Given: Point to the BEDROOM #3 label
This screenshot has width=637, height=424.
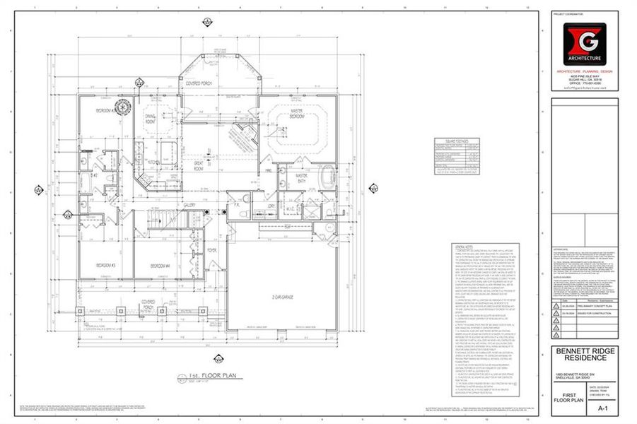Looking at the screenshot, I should (x=105, y=265).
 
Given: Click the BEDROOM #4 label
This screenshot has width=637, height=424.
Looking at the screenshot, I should (x=160, y=265).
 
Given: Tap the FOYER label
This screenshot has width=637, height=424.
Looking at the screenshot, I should (x=211, y=250).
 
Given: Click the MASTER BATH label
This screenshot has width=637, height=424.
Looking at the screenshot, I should (x=302, y=177).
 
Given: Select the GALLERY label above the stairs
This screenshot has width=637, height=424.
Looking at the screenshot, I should (x=189, y=206).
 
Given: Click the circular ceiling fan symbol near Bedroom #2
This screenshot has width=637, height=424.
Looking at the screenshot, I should (x=124, y=108).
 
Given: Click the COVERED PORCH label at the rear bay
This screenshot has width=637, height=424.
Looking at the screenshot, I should (x=200, y=83).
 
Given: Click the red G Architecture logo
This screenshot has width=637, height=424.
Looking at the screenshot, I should (x=583, y=44).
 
